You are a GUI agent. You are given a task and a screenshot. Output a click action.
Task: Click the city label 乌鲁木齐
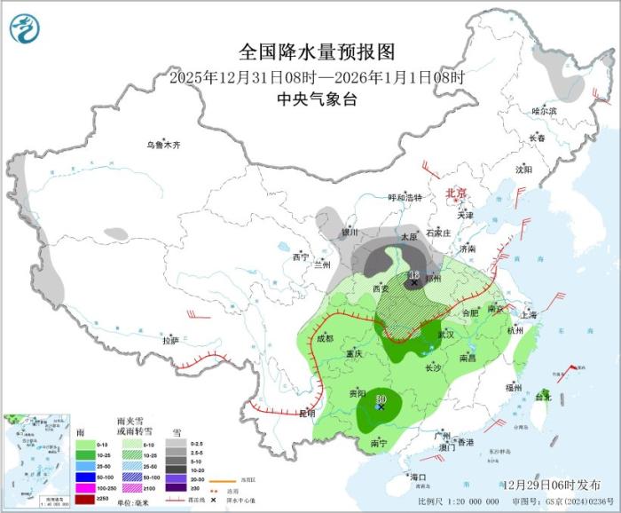tap(163, 145)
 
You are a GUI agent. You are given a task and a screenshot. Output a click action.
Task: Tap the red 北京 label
tap(454, 193)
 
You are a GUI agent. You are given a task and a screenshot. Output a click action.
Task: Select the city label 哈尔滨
tap(544, 111)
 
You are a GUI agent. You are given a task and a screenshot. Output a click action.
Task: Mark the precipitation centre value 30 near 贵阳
tap(381, 399)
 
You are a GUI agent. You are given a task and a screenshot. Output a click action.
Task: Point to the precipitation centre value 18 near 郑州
tap(413, 276)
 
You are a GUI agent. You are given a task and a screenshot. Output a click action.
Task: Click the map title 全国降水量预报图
tap(316, 52)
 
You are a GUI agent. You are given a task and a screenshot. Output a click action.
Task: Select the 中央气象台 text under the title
tap(317, 99)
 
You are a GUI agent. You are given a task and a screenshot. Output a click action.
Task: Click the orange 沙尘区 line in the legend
tap(221, 480)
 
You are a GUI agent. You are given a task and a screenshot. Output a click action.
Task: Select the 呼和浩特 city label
tap(409, 198)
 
